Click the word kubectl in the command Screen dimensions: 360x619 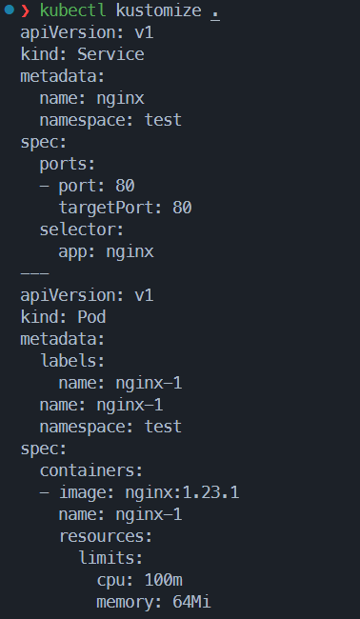point(73,10)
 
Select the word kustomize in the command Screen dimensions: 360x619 point(159,10)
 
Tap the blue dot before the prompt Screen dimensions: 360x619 point(10,10)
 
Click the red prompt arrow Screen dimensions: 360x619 point(26,10)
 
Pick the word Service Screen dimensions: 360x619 point(110,54)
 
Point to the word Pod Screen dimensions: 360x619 point(91,317)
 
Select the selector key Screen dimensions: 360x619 point(82,230)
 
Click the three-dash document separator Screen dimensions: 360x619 point(34,273)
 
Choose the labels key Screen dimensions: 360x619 point(72,361)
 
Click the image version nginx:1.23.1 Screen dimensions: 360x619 point(182,492)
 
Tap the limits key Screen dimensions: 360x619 point(110,558)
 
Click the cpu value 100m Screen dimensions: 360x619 point(164,580)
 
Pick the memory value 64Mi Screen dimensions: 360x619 point(191,602)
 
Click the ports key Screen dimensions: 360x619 point(68,165)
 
